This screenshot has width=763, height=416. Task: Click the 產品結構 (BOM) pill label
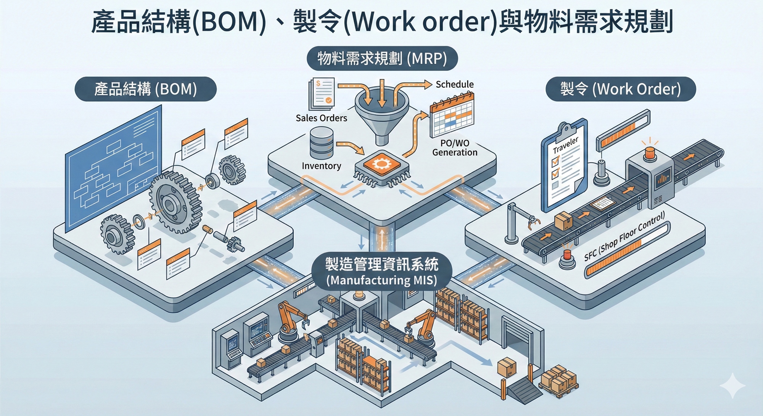tap(145, 89)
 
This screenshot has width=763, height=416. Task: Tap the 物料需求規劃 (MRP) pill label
tap(382, 59)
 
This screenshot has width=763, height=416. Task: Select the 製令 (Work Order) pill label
tap(620, 89)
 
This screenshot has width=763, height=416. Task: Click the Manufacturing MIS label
tap(381, 271)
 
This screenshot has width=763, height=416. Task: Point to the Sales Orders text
tap(321, 118)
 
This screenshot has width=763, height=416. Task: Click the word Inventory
tap(321, 166)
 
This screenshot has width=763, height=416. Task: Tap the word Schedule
tap(454, 84)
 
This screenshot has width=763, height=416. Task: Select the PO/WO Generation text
tap(455, 148)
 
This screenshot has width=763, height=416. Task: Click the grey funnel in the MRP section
tap(382, 114)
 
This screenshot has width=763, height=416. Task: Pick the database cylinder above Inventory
tap(322, 143)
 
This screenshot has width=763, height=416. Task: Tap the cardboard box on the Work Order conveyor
tap(563, 221)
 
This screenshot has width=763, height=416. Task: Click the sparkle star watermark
tap(732, 386)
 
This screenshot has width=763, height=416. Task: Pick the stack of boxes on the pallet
tap(558, 380)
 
